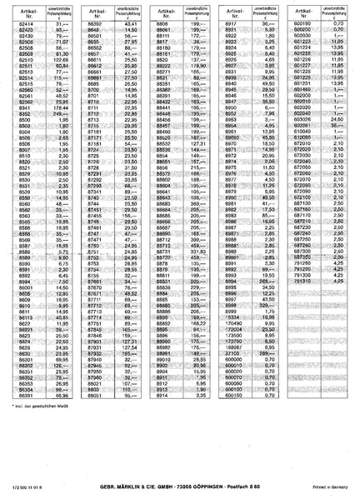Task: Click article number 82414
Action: pos(26,27)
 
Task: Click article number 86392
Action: pos(93,27)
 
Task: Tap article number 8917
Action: pos(232,27)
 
